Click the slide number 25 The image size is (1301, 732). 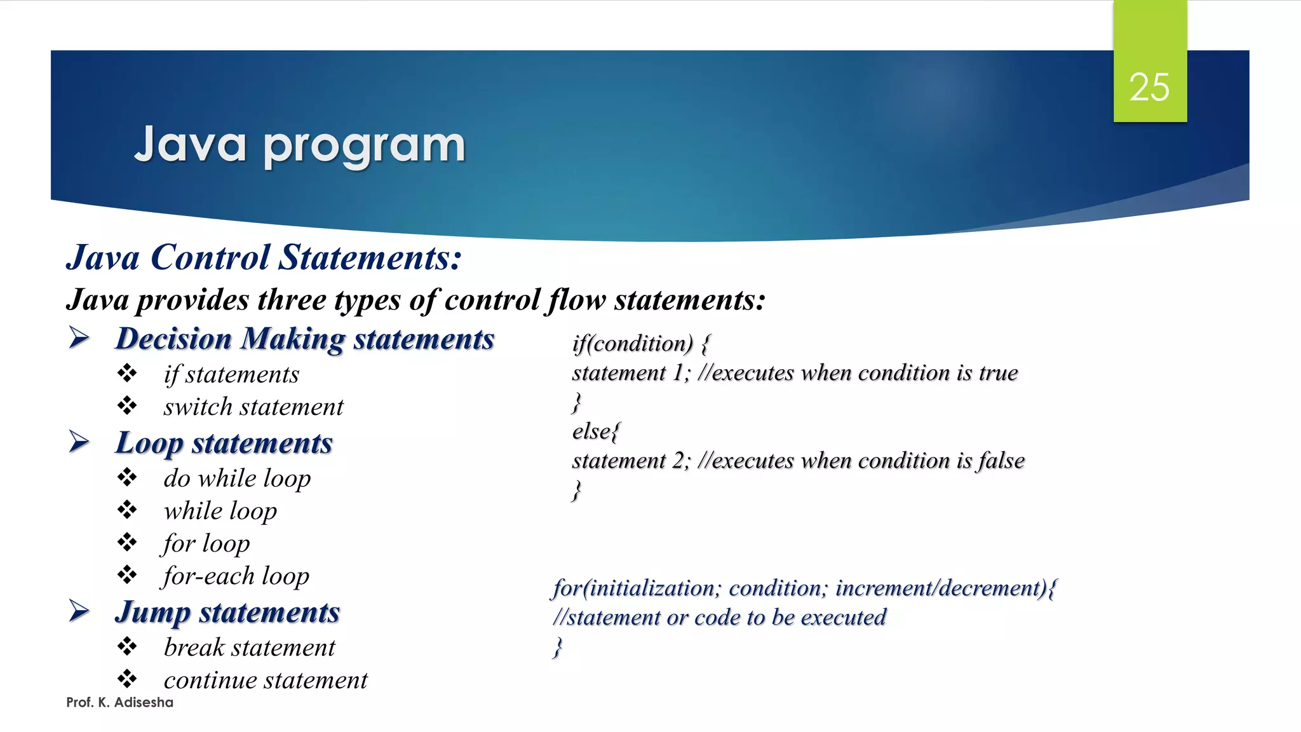coord(1149,87)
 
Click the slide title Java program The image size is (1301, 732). coord(300,146)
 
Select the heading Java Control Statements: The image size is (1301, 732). coord(264,257)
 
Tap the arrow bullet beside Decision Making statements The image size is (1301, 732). coord(79,337)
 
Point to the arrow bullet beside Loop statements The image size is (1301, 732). coord(79,442)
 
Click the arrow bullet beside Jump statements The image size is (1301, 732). coord(79,611)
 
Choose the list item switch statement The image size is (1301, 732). coord(253,407)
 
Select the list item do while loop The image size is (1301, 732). coord(237,478)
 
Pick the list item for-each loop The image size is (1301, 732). coord(236,576)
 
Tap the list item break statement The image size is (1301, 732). coord(249,647)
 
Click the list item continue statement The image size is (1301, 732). coord(266,680)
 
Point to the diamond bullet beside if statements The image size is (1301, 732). coord(127,373)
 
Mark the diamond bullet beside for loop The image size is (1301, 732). coord(127,542)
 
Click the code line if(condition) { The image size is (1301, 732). coord(640,344)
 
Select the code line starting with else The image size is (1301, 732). coord(595,431)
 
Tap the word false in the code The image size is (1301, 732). coord(1001,461)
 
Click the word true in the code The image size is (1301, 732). coord(998,373)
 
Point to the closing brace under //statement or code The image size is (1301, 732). coord(558,647)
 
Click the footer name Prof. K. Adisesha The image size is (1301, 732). coord(119,702)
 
